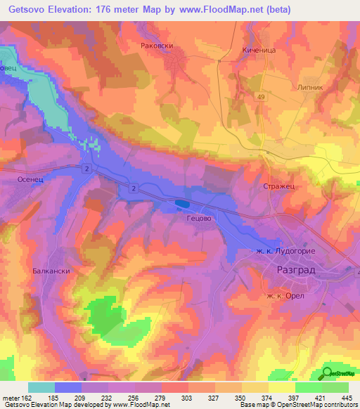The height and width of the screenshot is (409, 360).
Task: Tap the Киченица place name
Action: pyautogui.click(x=242, y=51)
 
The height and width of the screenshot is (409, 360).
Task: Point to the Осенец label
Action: pyautogui.click(x=30, y=180)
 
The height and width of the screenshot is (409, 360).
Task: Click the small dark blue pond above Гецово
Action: pyautogui.click(x=181, y=204)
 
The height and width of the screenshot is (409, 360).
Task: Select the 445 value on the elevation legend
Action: pyautogui.click(x=347, y=398)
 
